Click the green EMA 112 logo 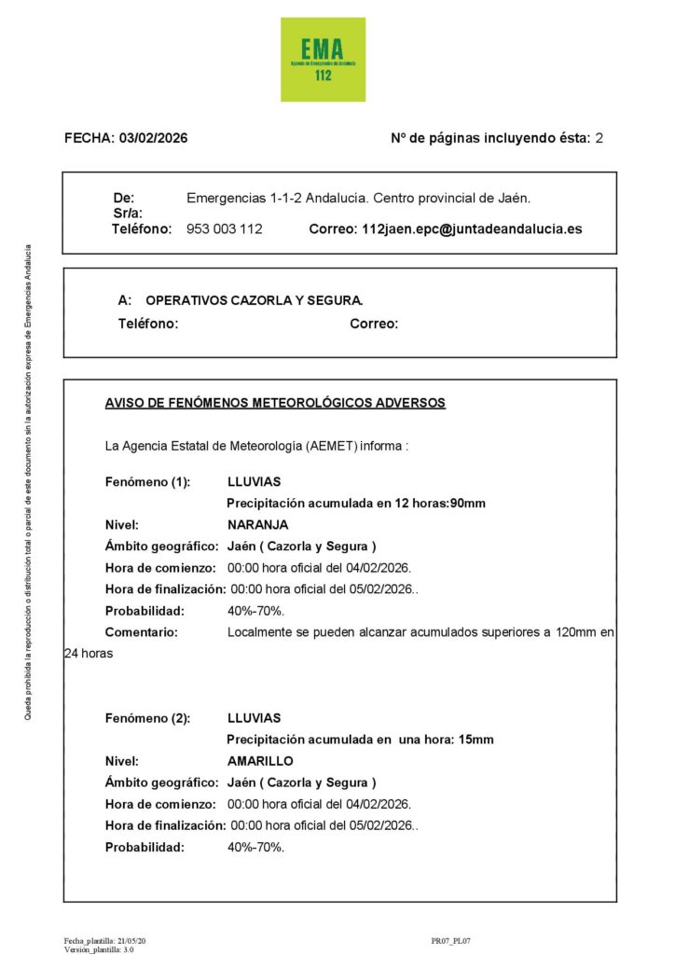323,59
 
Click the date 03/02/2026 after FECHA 153,138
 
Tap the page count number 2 599,138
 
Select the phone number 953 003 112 225,228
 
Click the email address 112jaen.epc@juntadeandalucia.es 472,228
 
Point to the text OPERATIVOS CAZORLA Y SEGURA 255,300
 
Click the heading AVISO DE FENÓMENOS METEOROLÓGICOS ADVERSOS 275,403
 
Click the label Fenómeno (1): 147,482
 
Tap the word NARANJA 258,525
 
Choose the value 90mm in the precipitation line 468,504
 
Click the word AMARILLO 260,761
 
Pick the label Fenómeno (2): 147,718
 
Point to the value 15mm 475,740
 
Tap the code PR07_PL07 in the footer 451,942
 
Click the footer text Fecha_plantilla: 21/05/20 104,942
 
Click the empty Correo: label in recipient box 374,325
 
